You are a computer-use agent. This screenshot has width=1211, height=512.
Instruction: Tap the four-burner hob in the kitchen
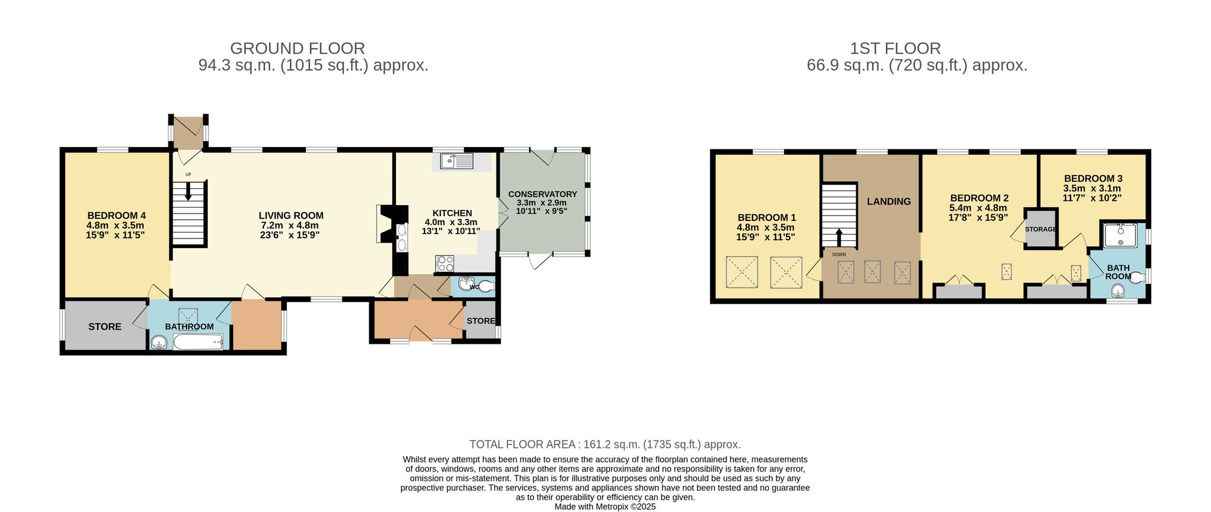(445, 263)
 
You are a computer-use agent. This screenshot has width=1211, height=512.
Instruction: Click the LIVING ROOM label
(291, 215)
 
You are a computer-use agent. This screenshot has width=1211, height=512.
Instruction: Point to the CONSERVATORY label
(542, 194)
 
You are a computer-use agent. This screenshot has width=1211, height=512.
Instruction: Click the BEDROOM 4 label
(116, 215)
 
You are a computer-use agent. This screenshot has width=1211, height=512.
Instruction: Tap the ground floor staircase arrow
(188, 192)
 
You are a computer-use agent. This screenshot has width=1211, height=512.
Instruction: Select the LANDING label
(888, 202)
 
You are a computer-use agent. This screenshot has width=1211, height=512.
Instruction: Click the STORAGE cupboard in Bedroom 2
(1041, 229)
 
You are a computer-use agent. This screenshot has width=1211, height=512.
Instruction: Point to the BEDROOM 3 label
(1093, 179)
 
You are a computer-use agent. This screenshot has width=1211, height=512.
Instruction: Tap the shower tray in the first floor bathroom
(1120, 235)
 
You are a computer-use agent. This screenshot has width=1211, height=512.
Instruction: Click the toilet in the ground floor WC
(486, 287)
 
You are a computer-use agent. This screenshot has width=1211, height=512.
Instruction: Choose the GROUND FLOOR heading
(297, 48)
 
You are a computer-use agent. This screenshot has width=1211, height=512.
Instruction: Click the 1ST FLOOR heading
(895, 48)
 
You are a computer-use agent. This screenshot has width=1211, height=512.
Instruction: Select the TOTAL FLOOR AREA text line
(605, 444)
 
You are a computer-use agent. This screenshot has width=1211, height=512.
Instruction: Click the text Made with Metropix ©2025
(605, 507)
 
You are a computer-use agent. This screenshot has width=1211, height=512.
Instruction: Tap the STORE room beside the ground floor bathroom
(105, 326)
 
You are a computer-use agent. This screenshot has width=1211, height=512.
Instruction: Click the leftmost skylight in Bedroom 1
(742, 272)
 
